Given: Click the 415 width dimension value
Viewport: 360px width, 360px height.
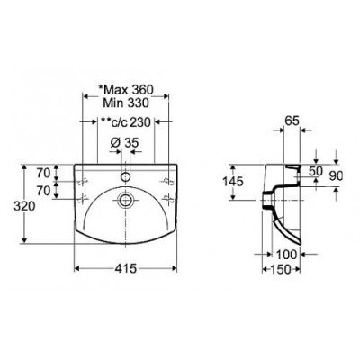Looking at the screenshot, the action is click(125, 268).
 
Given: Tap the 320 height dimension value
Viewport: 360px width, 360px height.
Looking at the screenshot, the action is click(25, 207).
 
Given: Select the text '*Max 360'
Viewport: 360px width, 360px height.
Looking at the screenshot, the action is click(126, 89).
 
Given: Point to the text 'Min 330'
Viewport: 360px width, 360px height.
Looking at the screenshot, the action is click(126, 103).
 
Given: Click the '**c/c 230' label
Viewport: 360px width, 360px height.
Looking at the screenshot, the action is click(126, 122).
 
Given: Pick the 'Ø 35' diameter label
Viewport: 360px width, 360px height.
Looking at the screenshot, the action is click(124, 143).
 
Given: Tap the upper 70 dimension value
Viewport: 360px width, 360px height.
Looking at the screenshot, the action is click(43, 173).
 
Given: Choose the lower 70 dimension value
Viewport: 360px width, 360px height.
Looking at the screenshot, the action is click(43, 191).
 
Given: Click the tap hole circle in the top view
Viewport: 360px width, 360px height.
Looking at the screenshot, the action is click(125, 176).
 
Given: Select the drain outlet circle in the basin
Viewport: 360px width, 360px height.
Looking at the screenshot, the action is click(125, 200).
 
